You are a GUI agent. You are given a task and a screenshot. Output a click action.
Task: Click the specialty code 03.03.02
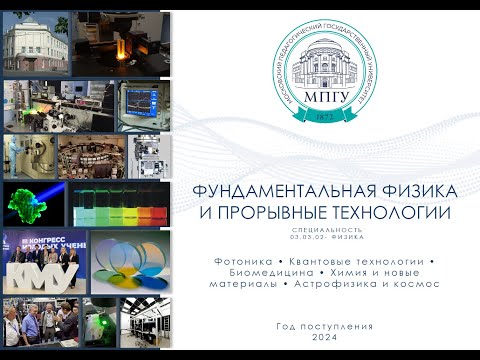[x=308, y=236]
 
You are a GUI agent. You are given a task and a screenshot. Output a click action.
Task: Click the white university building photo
[x=34, y=43]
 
